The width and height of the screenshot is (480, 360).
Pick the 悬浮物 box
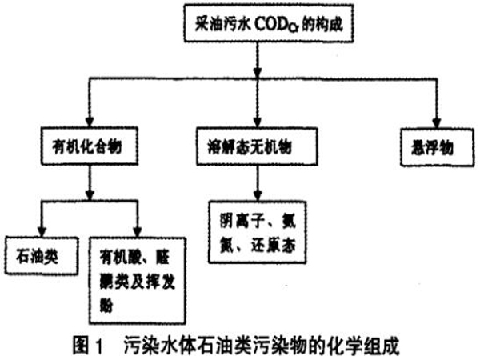pos(434,146)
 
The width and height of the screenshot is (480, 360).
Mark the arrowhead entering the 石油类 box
pos(40,231)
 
